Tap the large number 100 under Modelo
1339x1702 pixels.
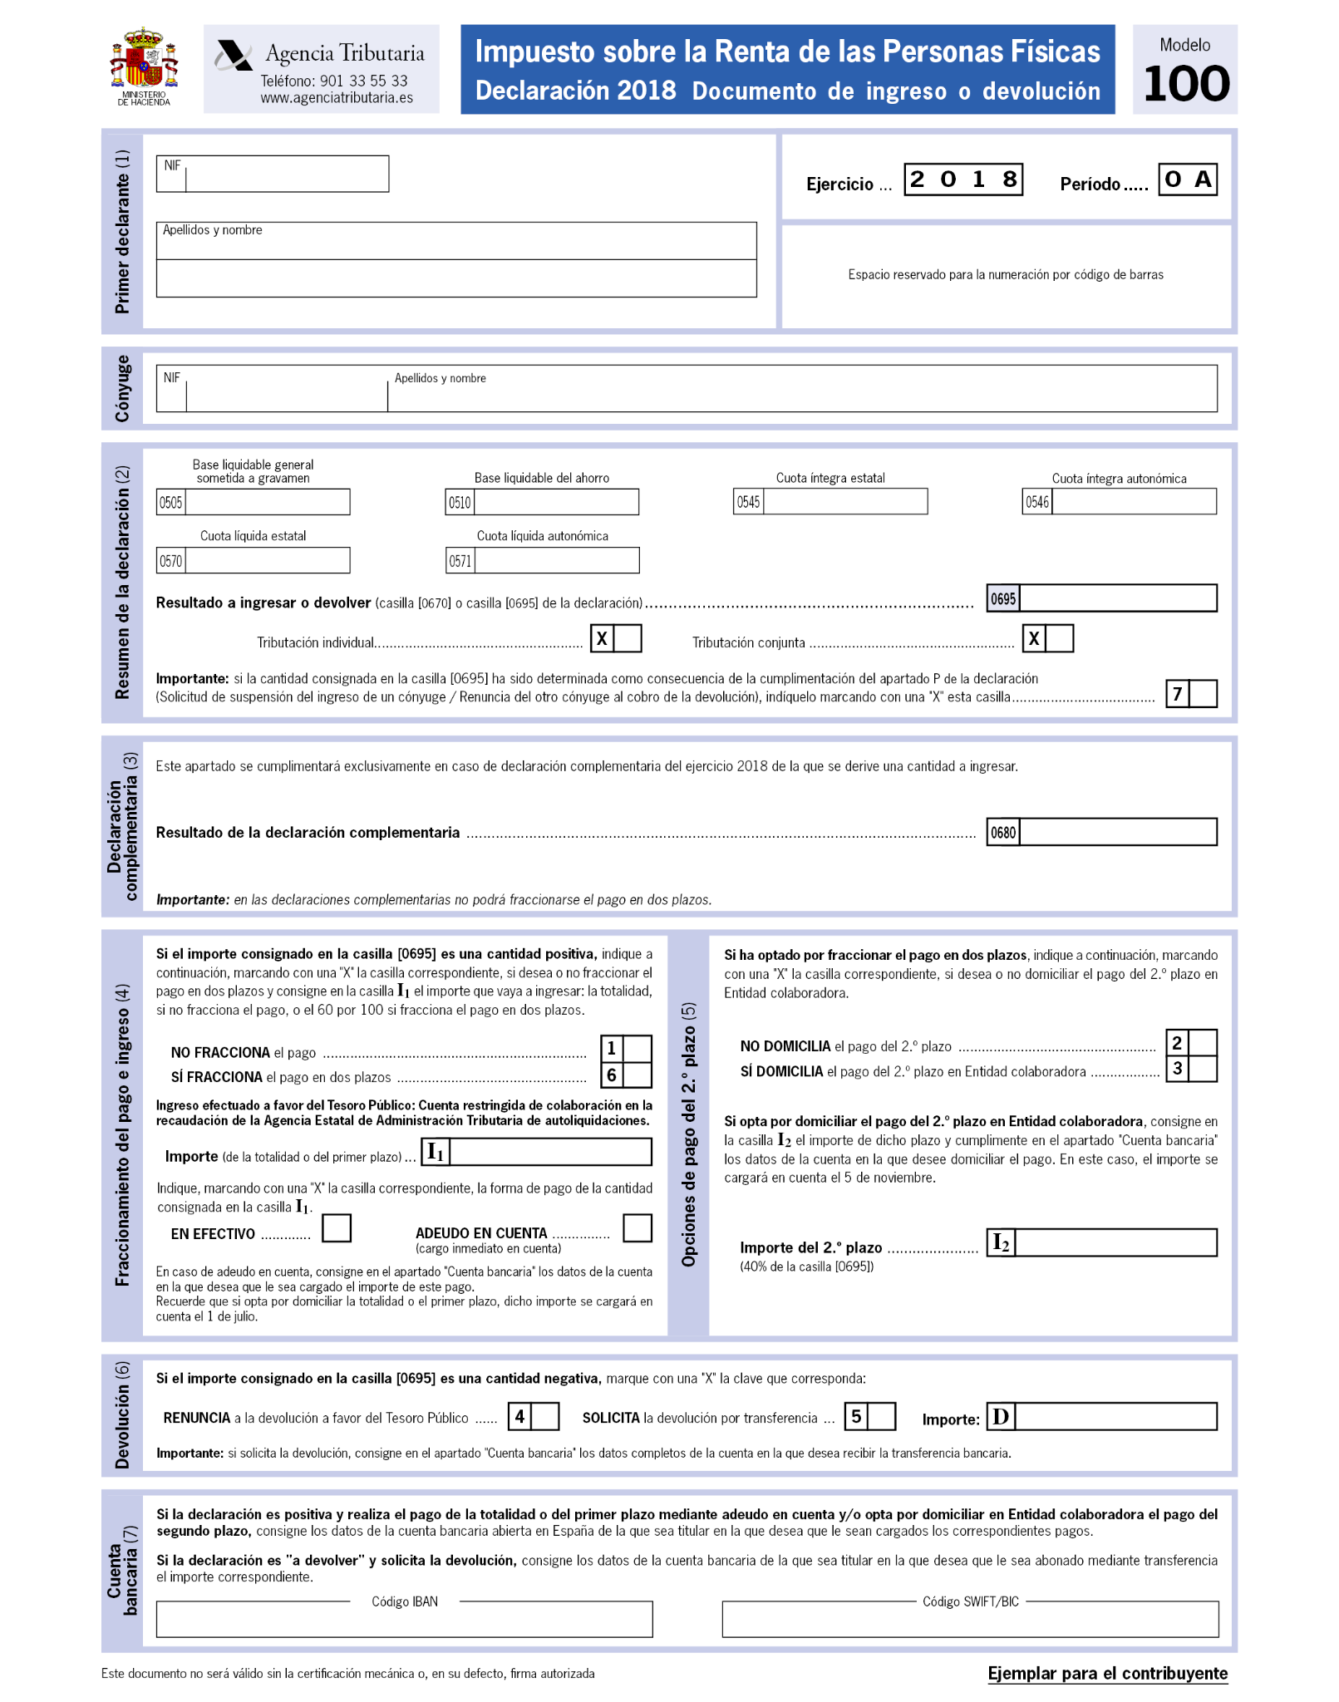[x=1185, y=84]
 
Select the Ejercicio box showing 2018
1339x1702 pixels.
[x=963, y=180]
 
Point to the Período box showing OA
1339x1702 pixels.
[x=1187, y=180]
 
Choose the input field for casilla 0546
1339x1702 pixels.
[x=1134, y=502]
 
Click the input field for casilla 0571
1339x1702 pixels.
[x=557, y=561]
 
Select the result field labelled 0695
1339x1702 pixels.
[x=1118, y=598]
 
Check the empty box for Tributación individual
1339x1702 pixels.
[x=628, y=638]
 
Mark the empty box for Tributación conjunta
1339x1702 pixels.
[x=1060, y=638]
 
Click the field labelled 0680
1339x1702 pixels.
[x=1118, y=832]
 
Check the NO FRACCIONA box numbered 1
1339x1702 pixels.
[x=638, y=1049]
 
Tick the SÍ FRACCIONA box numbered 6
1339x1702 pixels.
[x=638, y=1075]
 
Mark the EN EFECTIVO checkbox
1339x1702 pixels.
[x=337, y=1227]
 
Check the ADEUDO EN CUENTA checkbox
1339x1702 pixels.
[x=638, y=1227]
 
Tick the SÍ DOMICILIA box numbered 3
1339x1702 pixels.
[x=1203, y=1069]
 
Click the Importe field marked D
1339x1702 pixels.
[x=1116, y=1417]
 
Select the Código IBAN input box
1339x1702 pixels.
[x=404, y=1620]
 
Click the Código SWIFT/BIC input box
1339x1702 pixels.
[x=970, y=1620]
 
